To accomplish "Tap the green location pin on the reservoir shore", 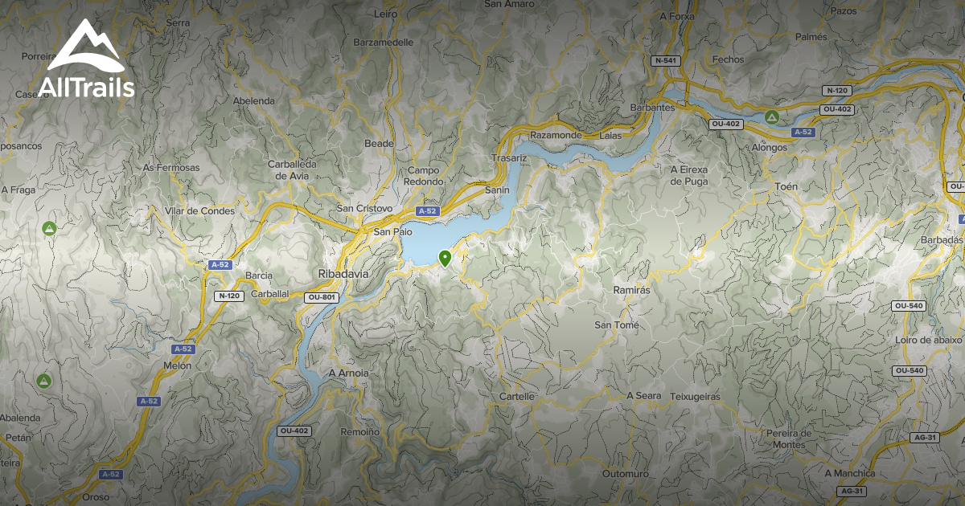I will point(445,258).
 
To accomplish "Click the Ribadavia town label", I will point(343,273).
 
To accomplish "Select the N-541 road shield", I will point(665,60).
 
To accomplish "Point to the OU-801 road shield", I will point(322,297).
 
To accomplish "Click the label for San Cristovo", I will point(364,209).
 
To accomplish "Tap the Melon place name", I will point(178,365).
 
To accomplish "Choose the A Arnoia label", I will point(349,373).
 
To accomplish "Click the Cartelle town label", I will point(517,397).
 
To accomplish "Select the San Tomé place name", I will point(617,325).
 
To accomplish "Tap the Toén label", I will point(787,187).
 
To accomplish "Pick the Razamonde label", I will point(556,136).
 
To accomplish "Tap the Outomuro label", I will point(625,474).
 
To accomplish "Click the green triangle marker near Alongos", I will point(772,117).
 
